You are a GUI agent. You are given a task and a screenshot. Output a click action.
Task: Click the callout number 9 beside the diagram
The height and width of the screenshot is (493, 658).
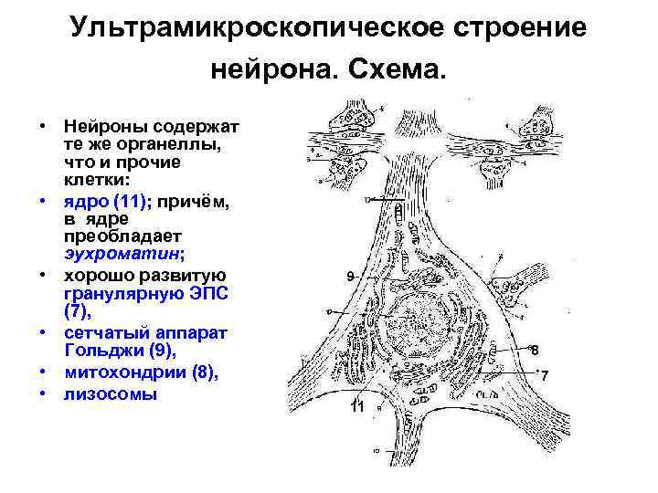point(350,276)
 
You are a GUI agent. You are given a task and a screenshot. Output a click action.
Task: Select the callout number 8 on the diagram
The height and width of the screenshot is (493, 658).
point(535,350)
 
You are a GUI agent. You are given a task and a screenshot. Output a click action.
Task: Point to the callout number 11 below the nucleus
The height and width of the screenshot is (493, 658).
point(358,408)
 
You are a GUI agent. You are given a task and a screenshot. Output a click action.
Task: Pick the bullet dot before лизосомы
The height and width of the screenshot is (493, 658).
point(42,394)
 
